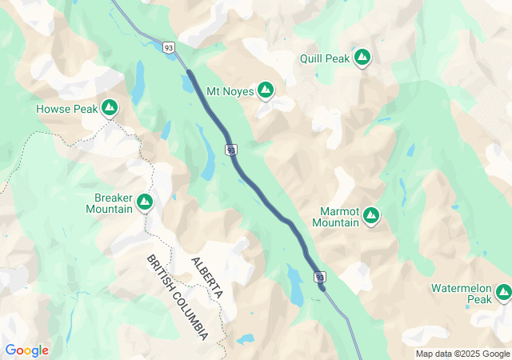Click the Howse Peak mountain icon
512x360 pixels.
[110, 108]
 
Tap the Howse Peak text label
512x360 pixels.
[66, 108]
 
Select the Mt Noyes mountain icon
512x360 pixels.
[266, 91]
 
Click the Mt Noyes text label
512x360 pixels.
[230, 91]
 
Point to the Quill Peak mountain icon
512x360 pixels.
[362, 58]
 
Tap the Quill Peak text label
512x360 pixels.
[325, 58]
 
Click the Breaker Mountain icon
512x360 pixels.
[145, 202]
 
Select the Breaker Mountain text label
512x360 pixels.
[109, 203]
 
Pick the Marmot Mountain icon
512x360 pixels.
[371, 215]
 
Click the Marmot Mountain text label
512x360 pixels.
[335, 216]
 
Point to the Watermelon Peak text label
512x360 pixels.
[462, 293]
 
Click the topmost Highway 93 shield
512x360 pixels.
[169, 47]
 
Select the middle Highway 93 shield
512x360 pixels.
[230, 150]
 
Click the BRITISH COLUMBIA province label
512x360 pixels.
[178, 297]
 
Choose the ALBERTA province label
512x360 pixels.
[206, 278]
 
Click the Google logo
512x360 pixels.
[26, 350]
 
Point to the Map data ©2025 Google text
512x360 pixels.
[462, 354]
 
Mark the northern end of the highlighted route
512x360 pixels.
[189, 73]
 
